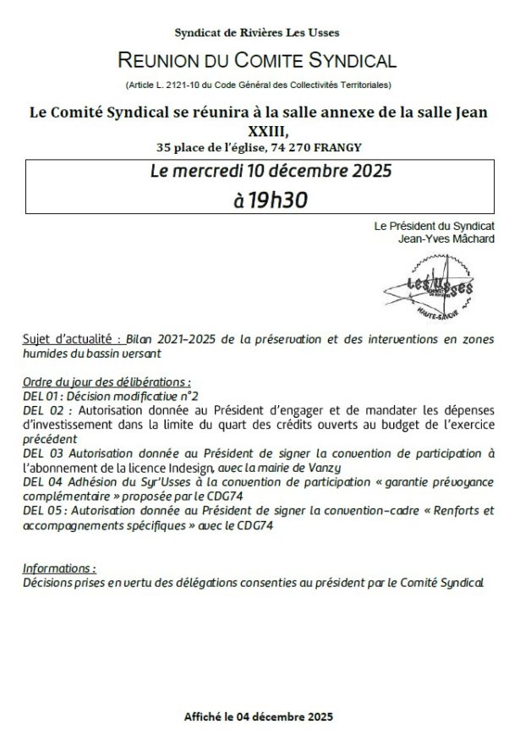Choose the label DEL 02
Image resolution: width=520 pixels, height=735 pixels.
pyautogui.click(x=39, y=409)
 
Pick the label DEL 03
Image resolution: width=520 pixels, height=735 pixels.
pyautogui.click(x=39, y=453)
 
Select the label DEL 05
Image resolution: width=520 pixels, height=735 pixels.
pyautogui.click(x=39, y=511)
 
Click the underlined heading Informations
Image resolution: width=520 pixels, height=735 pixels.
pyautogui.click(x=59, y=568)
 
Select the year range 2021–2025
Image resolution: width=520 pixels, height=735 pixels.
pyautogui.click(x=185, y=339)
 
